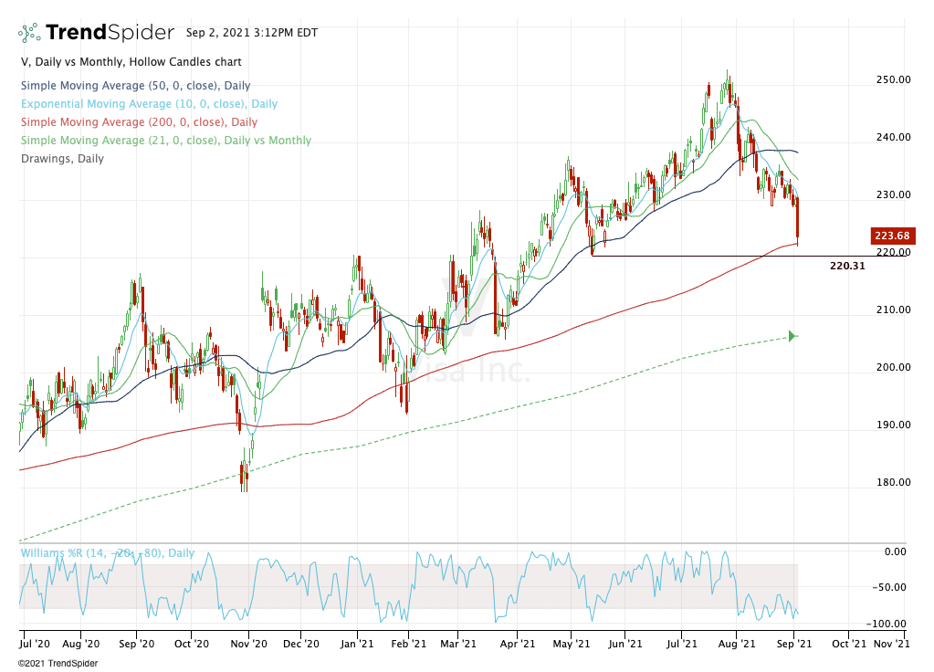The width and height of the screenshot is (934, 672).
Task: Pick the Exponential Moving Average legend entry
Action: pos(149,104)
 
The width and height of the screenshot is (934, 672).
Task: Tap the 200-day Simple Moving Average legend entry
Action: pos(139,122)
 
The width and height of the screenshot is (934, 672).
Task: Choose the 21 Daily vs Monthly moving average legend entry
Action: pos(165,141)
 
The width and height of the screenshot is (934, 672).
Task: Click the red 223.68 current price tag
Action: pos(889,236)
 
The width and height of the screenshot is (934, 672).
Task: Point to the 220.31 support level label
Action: pos(847,267)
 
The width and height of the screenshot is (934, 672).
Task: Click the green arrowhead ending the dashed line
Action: pos(792,336)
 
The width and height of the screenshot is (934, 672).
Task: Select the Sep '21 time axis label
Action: pos(795,644)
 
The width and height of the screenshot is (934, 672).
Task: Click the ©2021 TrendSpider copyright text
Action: pos(57,662)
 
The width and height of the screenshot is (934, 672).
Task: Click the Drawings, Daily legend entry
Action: pos(62,159)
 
